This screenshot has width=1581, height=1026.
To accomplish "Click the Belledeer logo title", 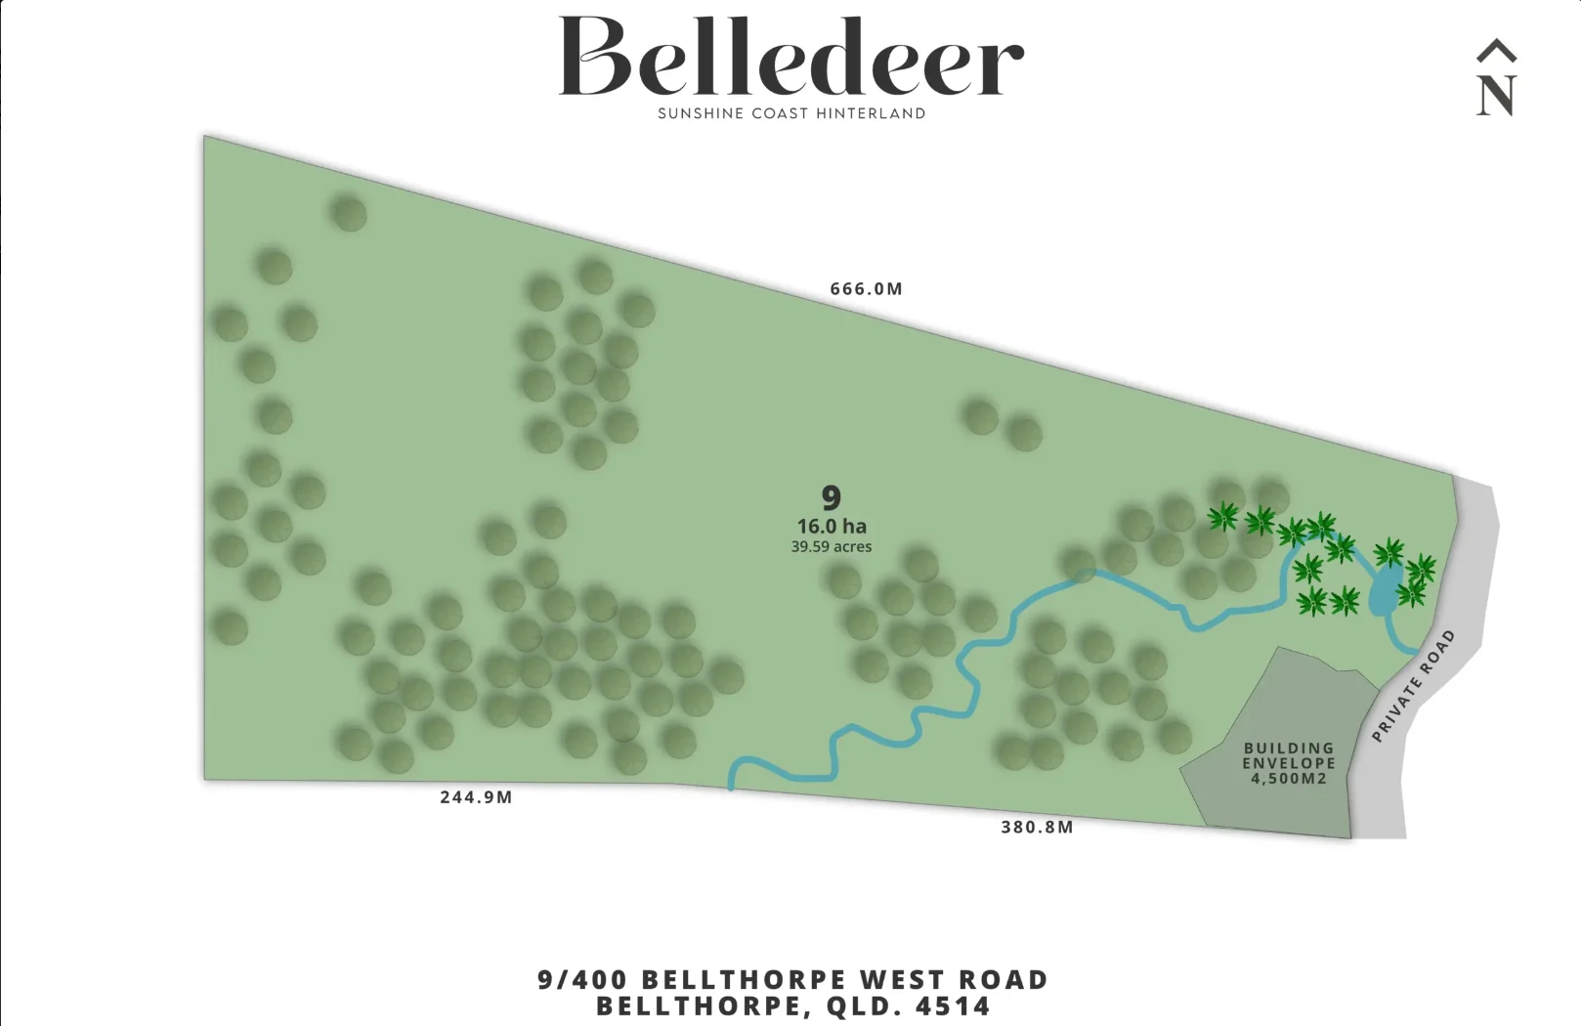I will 790,59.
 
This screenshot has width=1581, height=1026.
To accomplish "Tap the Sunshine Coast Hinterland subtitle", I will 791,113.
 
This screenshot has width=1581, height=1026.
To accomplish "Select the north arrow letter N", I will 1496,97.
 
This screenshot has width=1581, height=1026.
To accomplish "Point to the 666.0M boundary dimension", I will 866,289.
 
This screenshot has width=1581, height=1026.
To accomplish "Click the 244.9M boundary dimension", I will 476,797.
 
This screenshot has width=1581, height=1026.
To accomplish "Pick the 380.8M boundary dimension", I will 1037,828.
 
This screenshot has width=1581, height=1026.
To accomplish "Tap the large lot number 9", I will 832,498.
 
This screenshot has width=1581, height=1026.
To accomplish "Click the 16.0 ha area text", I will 832,527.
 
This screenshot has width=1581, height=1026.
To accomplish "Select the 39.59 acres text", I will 832,547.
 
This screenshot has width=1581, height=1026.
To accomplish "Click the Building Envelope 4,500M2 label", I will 1289,763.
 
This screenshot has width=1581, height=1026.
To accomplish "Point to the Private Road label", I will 1414,685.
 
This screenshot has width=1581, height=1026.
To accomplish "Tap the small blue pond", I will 1385,590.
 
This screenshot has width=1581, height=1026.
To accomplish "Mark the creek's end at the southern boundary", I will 732,785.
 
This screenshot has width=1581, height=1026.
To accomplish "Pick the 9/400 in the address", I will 582,980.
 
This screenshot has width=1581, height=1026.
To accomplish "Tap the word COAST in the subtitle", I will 780,113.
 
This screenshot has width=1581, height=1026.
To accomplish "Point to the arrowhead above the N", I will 1496,51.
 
